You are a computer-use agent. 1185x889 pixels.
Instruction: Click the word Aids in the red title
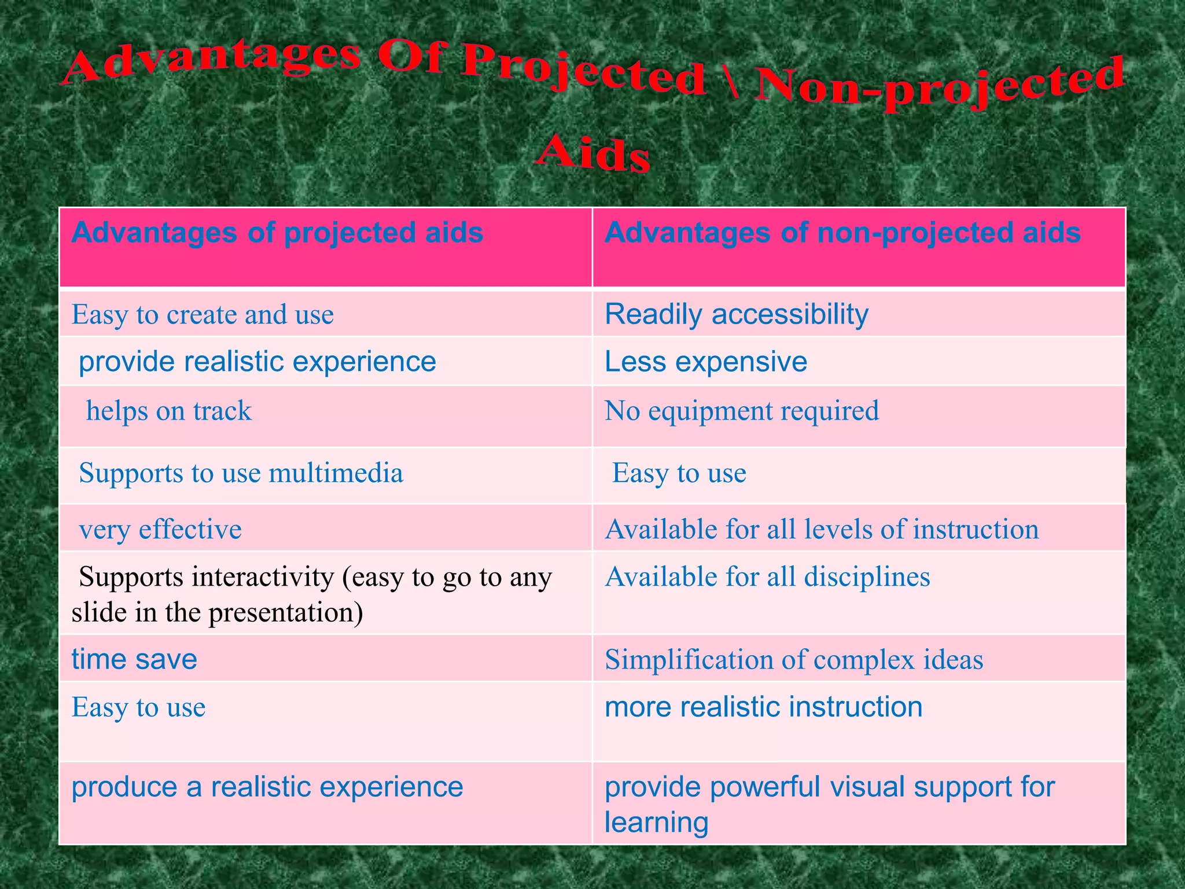point(593,153)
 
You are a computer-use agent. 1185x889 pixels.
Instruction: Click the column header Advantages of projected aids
point(277,233)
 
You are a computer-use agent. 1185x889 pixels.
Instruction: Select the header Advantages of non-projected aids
point(842,233)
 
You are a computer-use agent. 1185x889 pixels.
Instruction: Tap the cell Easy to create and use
point(203,315)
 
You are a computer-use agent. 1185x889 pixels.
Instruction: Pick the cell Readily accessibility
point(736,315)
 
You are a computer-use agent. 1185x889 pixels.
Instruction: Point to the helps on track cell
point(168,412)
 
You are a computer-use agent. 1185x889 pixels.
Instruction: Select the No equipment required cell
point(741,412)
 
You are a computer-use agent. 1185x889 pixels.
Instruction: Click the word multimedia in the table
point(336,473)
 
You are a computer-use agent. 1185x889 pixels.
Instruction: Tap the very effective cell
point(160,530)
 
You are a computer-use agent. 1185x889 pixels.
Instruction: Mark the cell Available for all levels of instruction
point(822,530)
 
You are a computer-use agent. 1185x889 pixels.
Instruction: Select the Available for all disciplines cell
point(767,577)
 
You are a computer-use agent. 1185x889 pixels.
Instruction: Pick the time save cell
point(134,659)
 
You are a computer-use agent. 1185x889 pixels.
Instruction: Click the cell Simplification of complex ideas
point(794,660)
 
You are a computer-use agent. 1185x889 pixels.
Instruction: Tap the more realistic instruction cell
point(763,707)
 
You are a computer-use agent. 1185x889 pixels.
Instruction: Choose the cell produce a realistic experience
point(267,787)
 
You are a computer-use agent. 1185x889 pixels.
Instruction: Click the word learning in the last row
point(656,822)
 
